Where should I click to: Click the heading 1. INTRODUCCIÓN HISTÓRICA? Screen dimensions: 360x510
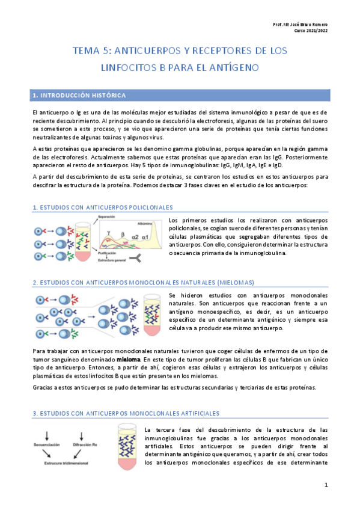click(79, 95)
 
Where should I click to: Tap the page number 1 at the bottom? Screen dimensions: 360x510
click(326, 485)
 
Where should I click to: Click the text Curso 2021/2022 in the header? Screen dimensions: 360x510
click(311, 31)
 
